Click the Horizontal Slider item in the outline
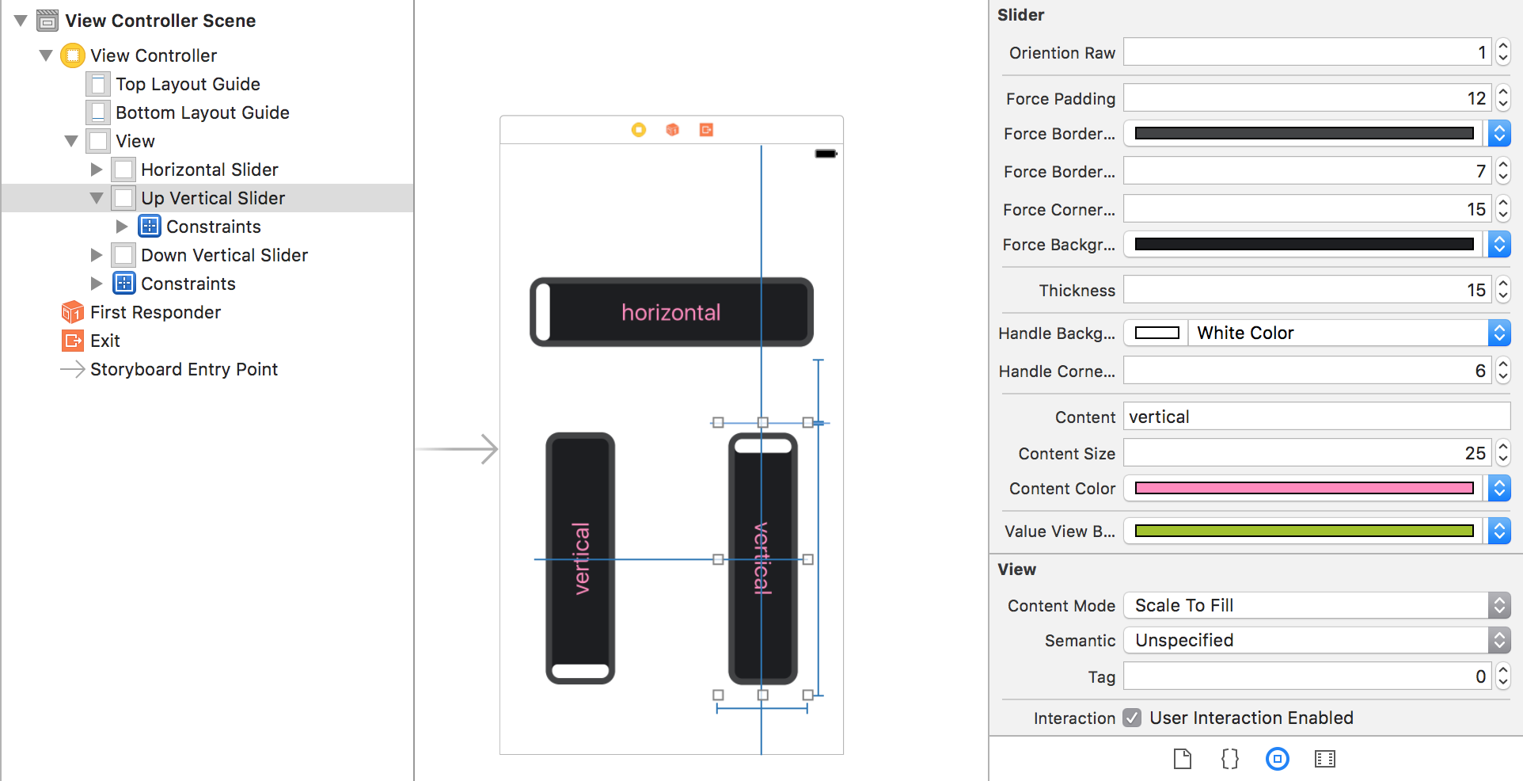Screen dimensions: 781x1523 coord(209,170)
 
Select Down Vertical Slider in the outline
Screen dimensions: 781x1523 coord(224,255)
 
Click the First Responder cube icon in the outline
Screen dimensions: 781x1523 coord(72,312)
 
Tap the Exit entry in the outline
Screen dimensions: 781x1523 coord(104,341)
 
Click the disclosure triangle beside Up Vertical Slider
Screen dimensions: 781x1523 coord(97,198)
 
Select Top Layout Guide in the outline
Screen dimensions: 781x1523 coord(188,84)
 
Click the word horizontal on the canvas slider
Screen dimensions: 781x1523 coord(670,312)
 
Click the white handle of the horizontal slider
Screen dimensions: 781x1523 coord(543,312)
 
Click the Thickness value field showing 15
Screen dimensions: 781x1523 coord(1306,290)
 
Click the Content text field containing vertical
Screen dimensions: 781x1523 coord(1316,417)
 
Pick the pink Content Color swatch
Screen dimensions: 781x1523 coord(1304,489)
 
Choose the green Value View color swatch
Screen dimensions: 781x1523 coord(1304,531)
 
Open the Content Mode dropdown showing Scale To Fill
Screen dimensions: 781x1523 coord(1316,605)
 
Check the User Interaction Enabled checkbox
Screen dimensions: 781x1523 coord(1133,718)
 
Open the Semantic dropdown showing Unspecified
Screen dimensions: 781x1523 coord(1316,640)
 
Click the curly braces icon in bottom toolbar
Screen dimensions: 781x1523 coord(1229,759)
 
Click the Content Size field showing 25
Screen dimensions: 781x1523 coord(1306,453)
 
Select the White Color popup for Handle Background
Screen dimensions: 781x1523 coord(1338,333)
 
